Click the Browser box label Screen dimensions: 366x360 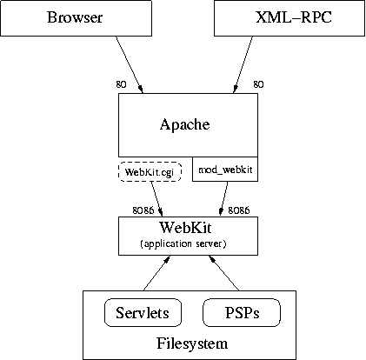pos(75,17)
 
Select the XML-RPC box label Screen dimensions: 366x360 pos(294,17)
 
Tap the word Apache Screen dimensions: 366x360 pos(185,124)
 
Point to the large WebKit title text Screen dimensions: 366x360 pos(185,227)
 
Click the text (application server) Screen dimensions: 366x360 pos(183,243)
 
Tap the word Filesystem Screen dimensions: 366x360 pos(192,343)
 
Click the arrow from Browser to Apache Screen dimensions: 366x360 pos(130,64)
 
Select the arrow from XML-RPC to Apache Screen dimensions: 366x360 pos(243,64)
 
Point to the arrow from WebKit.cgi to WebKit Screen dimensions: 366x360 pos(156,199)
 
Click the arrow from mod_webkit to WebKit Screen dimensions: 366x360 pos(223,199)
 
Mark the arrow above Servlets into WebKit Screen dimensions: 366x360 pos(156,273)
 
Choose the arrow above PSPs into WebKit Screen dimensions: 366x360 pos(224,273)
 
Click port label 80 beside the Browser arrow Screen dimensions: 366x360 pos(121,84)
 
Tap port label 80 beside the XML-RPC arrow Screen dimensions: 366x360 pos(258,84)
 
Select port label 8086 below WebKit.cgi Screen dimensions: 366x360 pos(143,210)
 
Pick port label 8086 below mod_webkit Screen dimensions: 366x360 pos(239,210)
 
